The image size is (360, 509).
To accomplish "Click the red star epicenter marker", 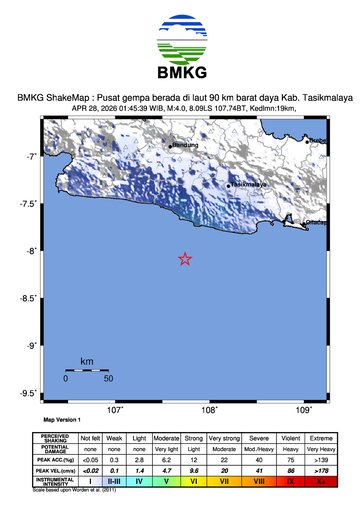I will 185,259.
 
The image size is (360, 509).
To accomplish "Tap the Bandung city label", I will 185,147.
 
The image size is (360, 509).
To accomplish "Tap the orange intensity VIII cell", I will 259,481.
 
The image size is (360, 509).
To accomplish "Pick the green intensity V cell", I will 167,481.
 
